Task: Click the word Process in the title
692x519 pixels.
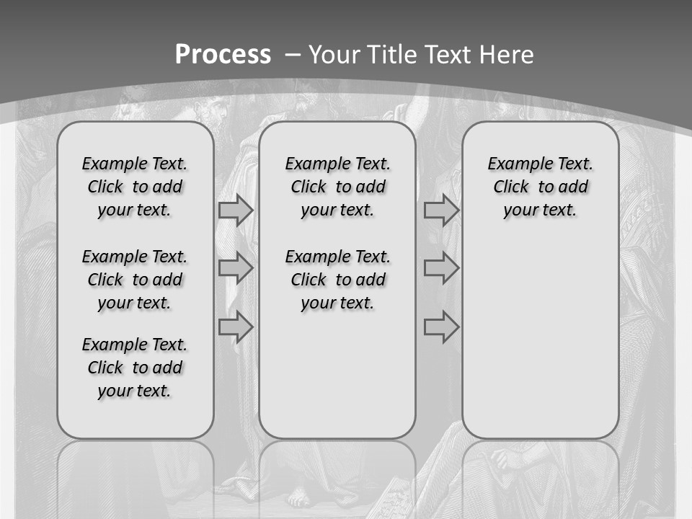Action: click(x=223, y=54)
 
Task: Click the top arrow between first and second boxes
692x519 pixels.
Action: click(x=236, y=210)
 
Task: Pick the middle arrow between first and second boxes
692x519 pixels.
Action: click(x=236, y=268)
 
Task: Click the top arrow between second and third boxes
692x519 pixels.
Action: click(x=441, y=210)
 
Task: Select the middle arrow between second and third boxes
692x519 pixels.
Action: click(x=441, y=268)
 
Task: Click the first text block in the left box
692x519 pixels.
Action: click(x=135, y=187)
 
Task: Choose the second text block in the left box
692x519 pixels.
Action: click(x=135, y=280)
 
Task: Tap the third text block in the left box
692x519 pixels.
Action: click(x=135, y=368)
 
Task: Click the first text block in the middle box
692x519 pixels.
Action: click(x=337, y=187)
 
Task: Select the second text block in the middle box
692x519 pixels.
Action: click(x=337, y=280)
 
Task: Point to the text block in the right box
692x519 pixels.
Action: click(x=541, y=187)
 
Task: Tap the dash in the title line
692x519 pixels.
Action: click(x=293, y=54)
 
